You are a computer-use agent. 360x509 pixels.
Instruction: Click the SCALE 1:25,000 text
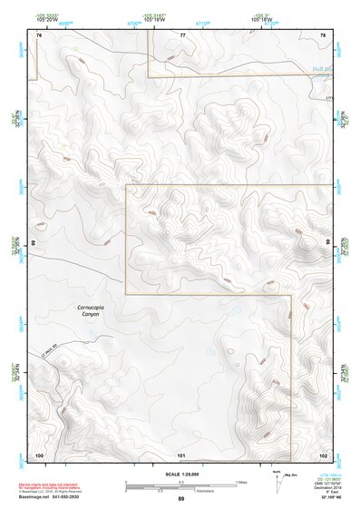click(181, 474)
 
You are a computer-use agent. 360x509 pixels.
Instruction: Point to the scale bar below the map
click(181, 484)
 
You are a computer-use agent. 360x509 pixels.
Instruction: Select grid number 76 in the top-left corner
click(39, 34)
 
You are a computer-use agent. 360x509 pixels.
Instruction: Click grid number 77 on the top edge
click(182, 34)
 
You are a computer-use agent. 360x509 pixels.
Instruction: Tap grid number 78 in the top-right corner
click(323, 34)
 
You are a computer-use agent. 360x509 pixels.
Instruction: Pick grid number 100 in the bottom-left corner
click(39, 454)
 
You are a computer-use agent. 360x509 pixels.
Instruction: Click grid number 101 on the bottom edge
click(181, 454)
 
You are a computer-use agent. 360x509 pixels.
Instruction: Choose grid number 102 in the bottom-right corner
click(323, 454)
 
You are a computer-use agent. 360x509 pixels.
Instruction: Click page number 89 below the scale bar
click(181, 499)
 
